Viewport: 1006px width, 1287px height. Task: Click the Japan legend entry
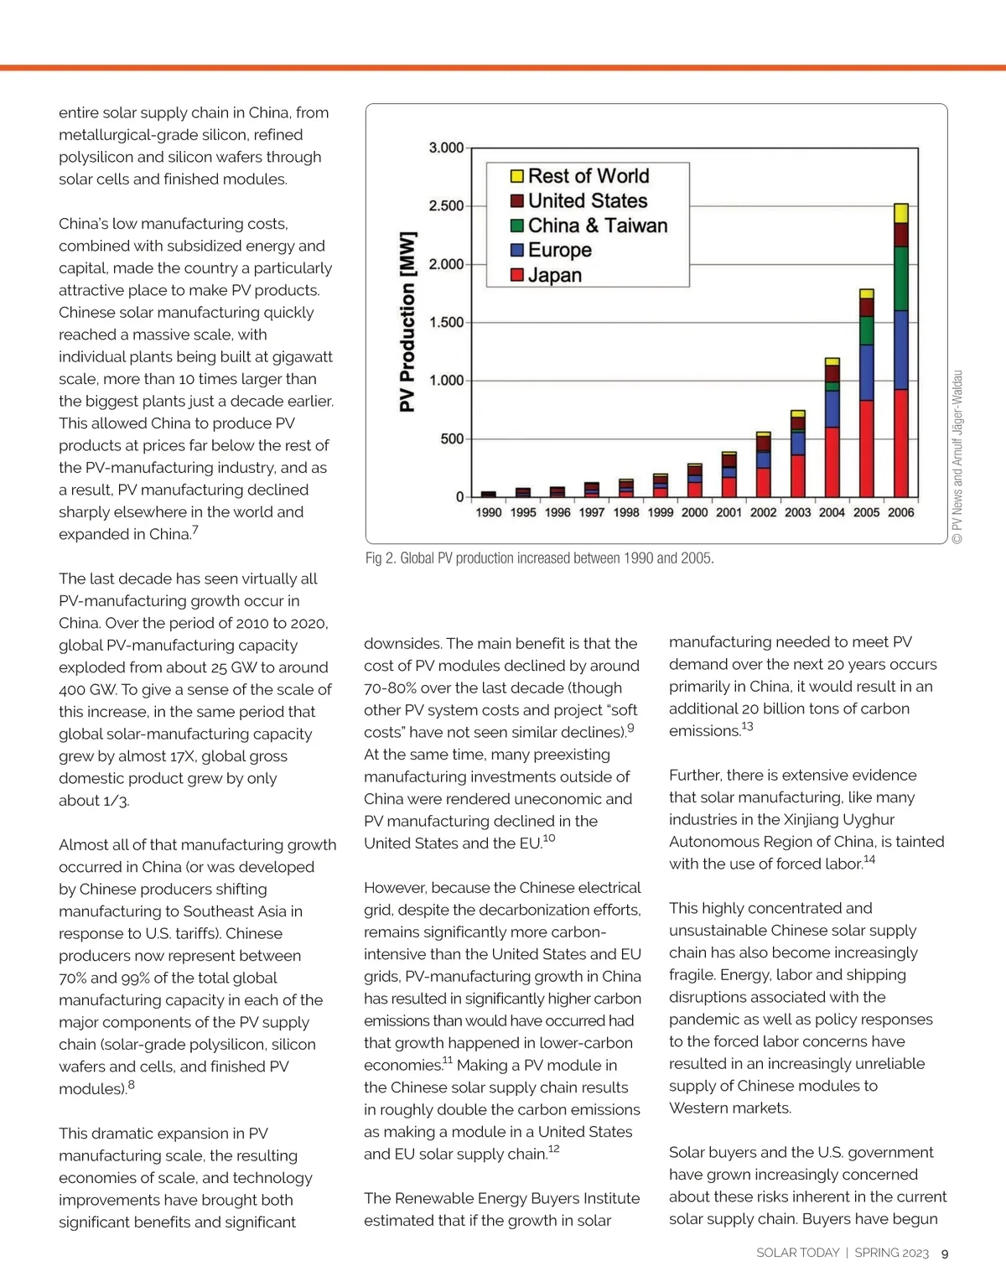click(x=554, y=275)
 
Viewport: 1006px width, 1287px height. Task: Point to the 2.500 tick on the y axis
click(x=446, y=206)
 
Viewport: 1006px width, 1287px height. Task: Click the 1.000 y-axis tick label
click(x=446, y=381)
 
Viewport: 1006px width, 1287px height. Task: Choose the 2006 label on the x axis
click(x=901, y=512)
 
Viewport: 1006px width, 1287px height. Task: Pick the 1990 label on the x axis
click(x=489, y=512)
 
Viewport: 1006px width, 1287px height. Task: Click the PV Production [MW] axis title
click(x=407, y=322)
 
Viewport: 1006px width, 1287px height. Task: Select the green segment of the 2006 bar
click(x=901, y=278)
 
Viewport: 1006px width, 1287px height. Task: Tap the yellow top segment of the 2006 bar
click(x=901, y=213)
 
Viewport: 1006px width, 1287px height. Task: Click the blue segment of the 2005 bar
click(x=867, y=372)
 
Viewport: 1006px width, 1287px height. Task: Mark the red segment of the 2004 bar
click(x=832, y=461)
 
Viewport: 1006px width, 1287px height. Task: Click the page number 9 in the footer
click(x=945, y=1253)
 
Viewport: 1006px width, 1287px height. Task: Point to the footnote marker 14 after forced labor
click(x=869, y=859)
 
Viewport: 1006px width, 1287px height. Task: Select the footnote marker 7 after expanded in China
click(x=195, y=530)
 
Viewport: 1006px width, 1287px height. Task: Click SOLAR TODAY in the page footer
click(x=797, y=1253)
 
